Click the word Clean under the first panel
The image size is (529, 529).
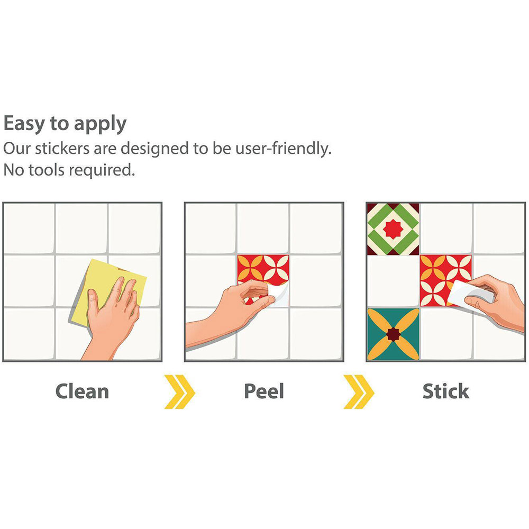[x=82, y=391]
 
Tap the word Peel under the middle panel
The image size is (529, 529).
[x=264, y=391]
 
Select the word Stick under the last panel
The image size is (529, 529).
[x=445, y=391]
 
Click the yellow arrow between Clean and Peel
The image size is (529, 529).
[x=179, y=391]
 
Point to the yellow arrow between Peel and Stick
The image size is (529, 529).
[x=359, y=391]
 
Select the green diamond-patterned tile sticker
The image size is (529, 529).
[x=393, y=229]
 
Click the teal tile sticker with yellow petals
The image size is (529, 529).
[x=393, y=334]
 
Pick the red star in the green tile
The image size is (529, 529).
[x=393, y=229]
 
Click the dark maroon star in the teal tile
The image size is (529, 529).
[x=393, y=334]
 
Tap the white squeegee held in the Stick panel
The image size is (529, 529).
[x=471, y=294]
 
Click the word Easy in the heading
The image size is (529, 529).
[x=24, y=123]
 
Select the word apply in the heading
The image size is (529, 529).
[x=100, y=124]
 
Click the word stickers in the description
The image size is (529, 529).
[x=62, y=149]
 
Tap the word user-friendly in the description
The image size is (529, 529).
[x=284, y=149]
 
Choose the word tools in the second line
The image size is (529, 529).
[x=46, y=170]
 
